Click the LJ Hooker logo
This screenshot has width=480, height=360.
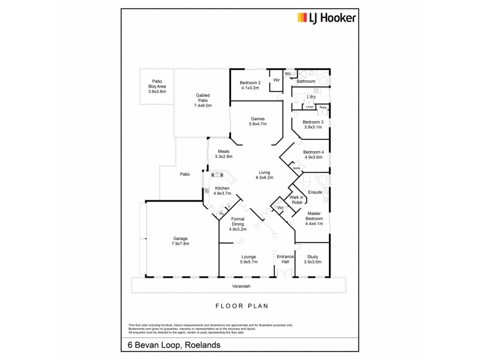point(327,18)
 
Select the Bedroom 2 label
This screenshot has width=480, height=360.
point(250,85)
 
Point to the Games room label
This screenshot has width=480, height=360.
point(258,121)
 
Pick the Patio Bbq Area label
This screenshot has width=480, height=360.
point(157,86)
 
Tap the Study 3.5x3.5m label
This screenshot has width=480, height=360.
point(313,259)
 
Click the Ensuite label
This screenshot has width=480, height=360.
point(314,193)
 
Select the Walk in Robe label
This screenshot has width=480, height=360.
point(296,200)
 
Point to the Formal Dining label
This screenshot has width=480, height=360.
point(238,222)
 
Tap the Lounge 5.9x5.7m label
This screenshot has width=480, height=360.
point(245,259)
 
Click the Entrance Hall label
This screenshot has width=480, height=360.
point(284,259)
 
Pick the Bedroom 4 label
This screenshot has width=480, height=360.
point(313,154)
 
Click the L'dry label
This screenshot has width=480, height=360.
point(311,97)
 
